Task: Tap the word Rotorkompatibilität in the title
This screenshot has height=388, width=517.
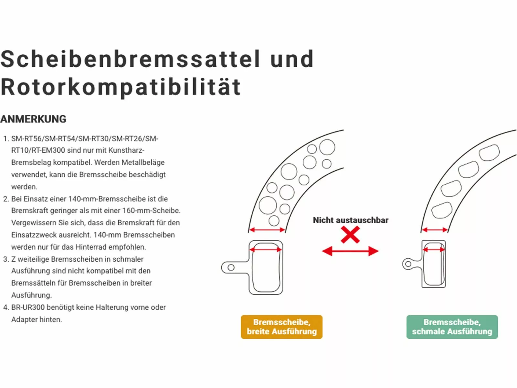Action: pyautogui.click(x=121, y=87)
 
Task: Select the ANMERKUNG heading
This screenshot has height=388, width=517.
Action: pyautogui.click(x=33, y=119)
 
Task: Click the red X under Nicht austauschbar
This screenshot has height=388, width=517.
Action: pyautogui.click(x=350, y=235)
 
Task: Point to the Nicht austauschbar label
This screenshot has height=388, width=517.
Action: pyautogui.click(x=351, y=220)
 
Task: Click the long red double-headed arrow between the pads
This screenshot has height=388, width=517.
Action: pyautogui.click(x=350, y=251)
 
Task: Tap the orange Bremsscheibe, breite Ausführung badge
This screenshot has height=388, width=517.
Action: pyautogui.click(x=281, y=327)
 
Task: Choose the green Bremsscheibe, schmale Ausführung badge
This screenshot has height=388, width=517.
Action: pyautogui.click(x=452, y=327)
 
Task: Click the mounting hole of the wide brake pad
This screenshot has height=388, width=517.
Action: pyautogui.click(x=231, y=267)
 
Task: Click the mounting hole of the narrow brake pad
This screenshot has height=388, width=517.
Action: pyautogui.click(x=408, y=264)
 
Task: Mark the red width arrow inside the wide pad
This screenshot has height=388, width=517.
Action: pyautogui.click(x=266, y=250)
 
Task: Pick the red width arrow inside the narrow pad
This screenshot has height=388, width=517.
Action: pyautogui.click(x=434, y=250)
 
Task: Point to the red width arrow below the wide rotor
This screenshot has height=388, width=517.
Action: pyautogui.click(x=267, y=230)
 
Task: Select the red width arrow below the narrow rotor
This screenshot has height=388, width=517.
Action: pyautogui.click(x=435, y=230)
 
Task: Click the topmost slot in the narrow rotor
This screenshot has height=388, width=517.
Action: pyautogui.click(x=489, y=152)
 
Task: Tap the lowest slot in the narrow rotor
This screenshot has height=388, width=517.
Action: pyautogui.click(x=442, y=210)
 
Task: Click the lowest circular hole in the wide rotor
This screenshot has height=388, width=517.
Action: pyautogui.click(x=274, y=221)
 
